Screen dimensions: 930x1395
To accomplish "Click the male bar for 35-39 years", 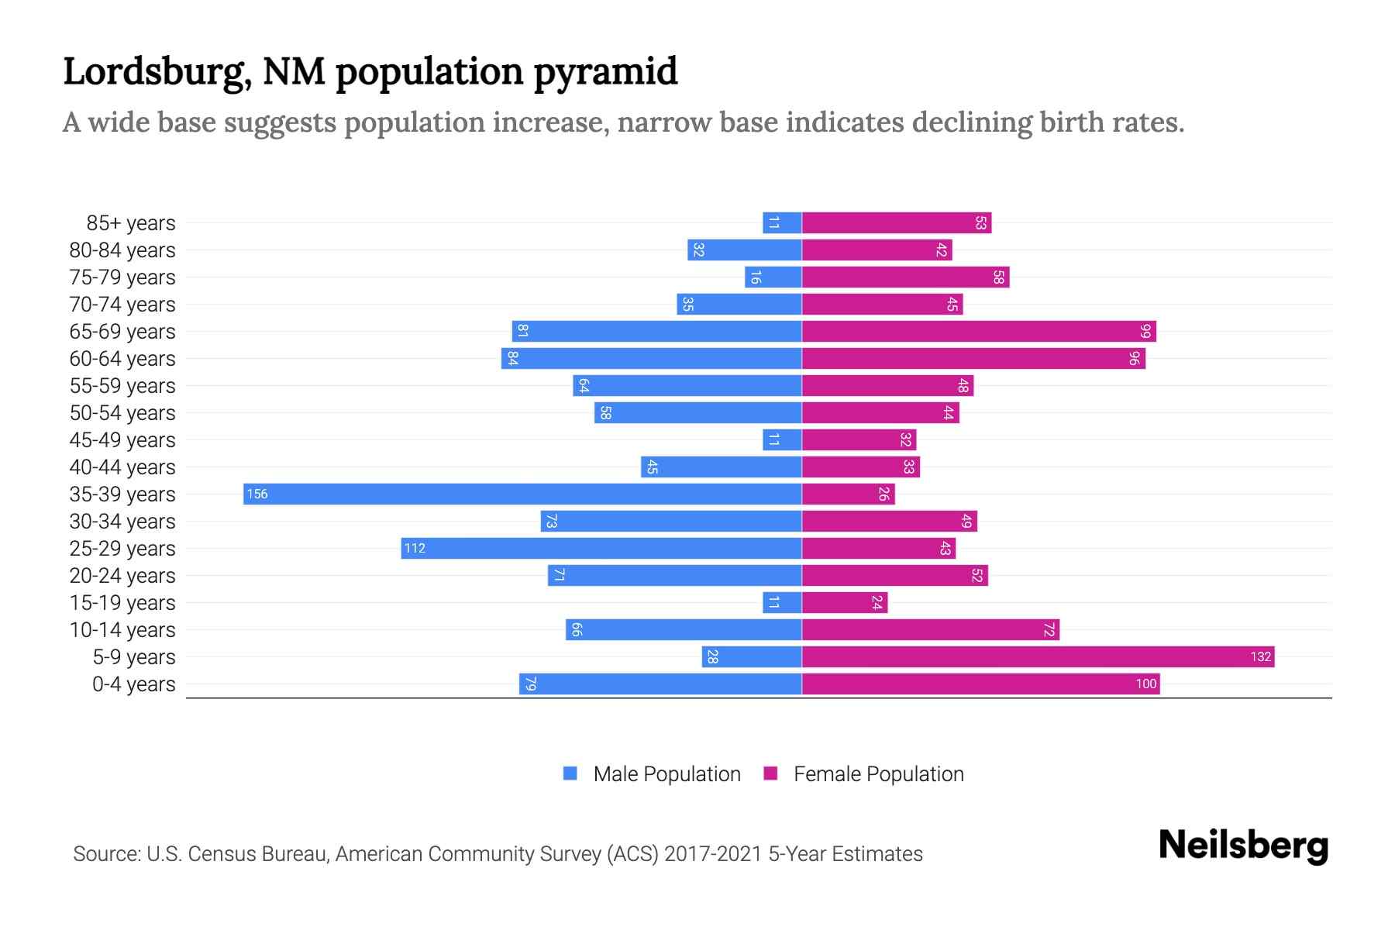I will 522,494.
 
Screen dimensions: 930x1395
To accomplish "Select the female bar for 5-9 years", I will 1038,657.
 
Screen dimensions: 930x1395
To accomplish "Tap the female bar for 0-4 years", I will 980,684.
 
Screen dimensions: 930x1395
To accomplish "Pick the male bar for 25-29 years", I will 601,549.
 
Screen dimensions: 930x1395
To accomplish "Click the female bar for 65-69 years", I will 979,332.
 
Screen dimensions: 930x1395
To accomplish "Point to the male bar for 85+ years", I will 782,223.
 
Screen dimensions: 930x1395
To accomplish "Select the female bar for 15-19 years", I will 845,603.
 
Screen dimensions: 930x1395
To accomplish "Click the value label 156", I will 257,494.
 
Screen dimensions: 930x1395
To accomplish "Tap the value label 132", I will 1260,657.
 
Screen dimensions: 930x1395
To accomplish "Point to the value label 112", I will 415,549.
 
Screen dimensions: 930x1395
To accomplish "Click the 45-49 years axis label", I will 122,440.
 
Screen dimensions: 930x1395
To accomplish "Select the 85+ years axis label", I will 131,223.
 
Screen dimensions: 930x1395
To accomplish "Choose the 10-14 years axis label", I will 122,630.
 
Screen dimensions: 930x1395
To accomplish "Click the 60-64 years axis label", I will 122,359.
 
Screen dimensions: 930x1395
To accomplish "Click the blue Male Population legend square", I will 570,773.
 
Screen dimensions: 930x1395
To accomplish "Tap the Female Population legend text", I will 878,774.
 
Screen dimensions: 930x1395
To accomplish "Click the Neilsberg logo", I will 1243,846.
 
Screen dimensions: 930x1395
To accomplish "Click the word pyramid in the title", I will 605,72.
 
